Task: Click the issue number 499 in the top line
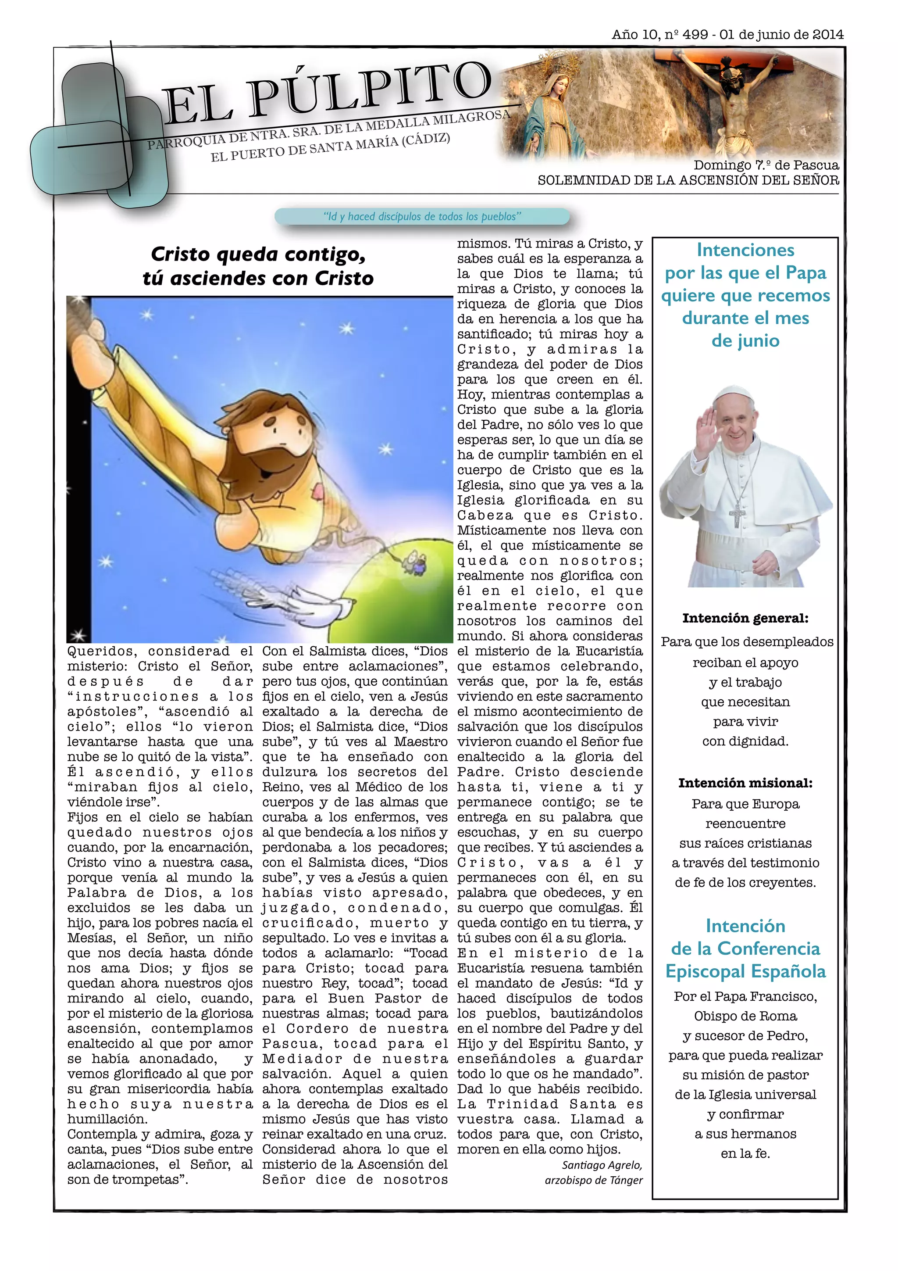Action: [x=695, y=34]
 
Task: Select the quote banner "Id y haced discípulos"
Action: [x=422, y=216]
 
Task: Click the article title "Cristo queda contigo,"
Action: [x=258, y=254]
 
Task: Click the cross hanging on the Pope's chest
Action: [x=737, y=515]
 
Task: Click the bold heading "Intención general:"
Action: [x=745, y=618]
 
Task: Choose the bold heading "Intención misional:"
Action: [x=745, y=783]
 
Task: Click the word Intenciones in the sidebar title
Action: [x=745, y=250]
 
